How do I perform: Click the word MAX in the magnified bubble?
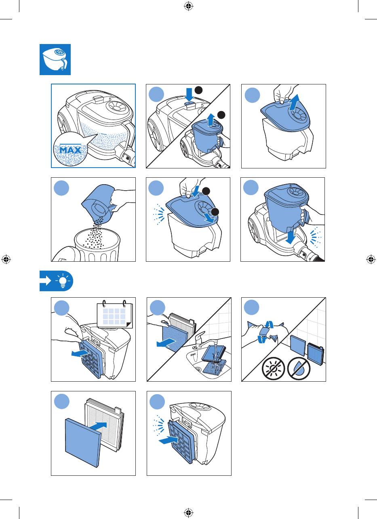[70, 150]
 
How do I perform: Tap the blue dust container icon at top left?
[55, 59]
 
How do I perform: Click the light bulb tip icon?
[63, 281]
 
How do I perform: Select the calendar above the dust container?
[115, 314]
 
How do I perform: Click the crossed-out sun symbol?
[273, 368]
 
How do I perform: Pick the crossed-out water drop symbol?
[299, 368]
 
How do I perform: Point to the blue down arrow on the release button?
[189, 94]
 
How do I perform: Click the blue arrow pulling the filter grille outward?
[80, 353]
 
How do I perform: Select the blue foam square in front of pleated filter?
[83, 443]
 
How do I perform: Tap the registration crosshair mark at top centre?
[188, 6]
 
